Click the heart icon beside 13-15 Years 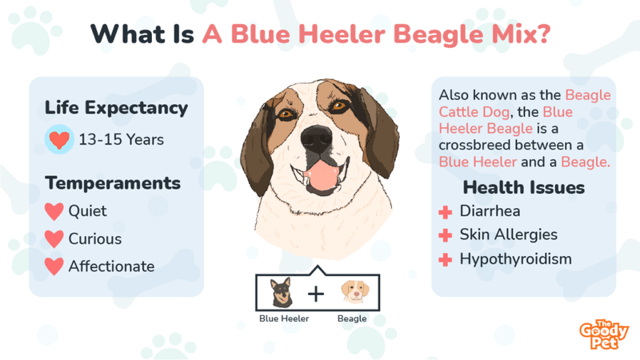[x=59, y=139]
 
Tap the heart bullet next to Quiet [x=54, y=211]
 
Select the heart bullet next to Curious [x=54, y=239]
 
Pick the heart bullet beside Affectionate [x=54, y=266]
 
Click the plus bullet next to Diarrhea [x=446, y=212]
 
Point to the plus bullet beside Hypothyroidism [x=446, y=259]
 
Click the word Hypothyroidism [x=515, y=259]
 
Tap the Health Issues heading [x=524, y=188]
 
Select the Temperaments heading [x=113, y=183]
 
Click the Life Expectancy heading [x=116, y=108]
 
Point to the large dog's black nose [x=316, y=138]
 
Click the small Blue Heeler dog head [x=282, y=292]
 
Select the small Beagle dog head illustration [x=354, y=291]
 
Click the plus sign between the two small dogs [x=316, y=294]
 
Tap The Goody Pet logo [x=604, y=334]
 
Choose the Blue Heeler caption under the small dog [x=284, y=318]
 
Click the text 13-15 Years [x=122, y=139]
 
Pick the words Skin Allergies [x=509, y=235]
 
